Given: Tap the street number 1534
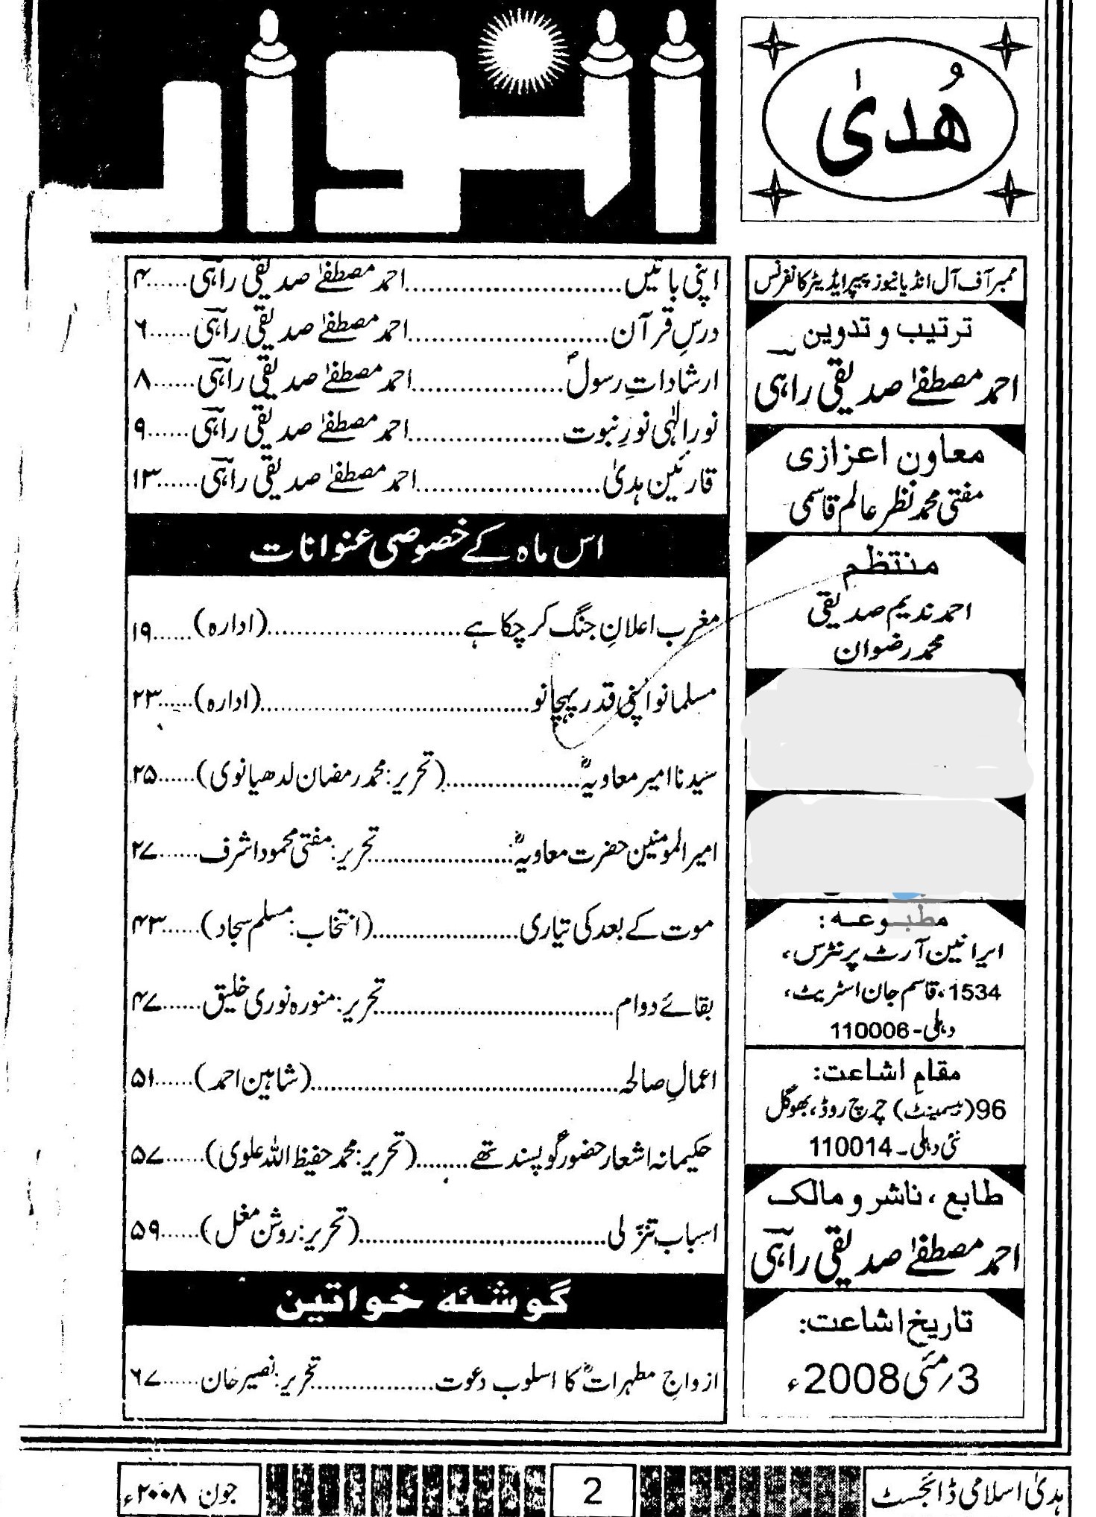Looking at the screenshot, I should pyautogui.click(x=976, y=993).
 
